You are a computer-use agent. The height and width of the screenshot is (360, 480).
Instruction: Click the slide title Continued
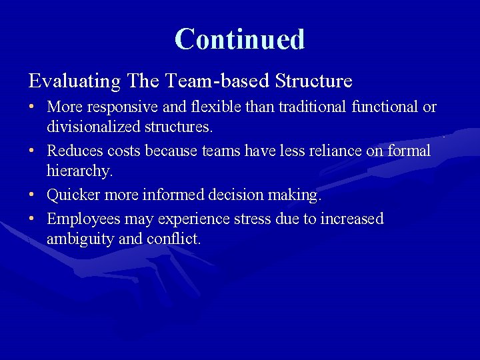(239, 39)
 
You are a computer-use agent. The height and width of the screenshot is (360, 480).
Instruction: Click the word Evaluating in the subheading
(74, 81)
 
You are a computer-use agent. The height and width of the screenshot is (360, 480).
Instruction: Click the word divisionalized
(93, 127)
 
